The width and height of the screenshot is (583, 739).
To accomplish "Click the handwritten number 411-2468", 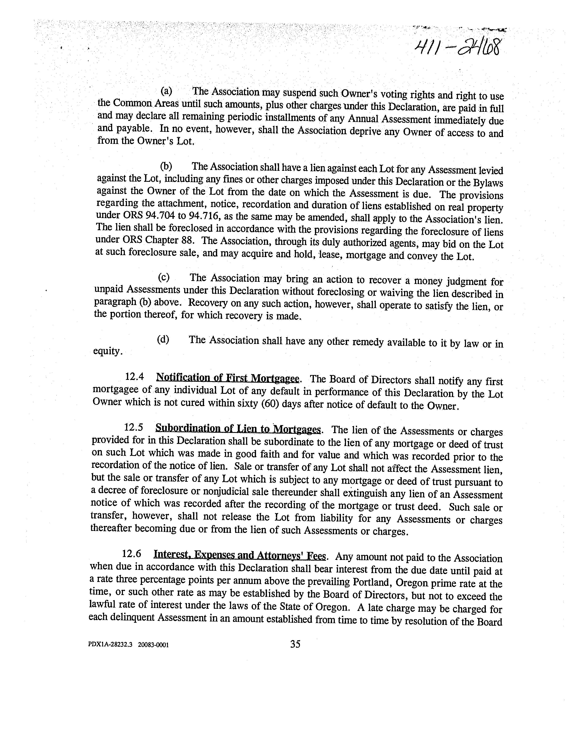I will pos(457,47).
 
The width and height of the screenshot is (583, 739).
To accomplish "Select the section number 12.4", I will pos(134,377).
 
